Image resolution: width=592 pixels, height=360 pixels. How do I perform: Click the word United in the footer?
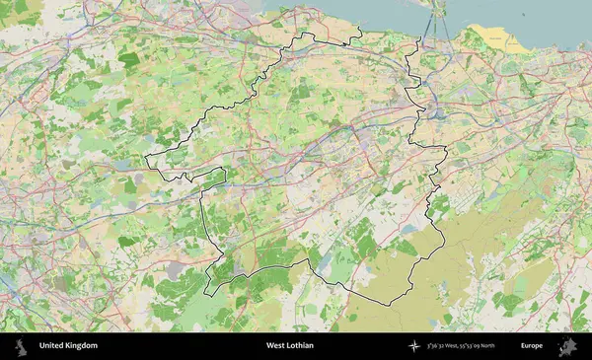tap(52, 346)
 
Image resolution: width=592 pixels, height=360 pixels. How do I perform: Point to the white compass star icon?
tap(414, 346)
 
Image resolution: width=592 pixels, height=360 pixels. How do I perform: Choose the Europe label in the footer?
tap(531, 346)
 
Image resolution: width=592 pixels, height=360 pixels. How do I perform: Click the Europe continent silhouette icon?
tap(566, 346)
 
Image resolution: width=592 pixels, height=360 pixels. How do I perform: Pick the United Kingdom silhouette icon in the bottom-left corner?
tap(20, 346)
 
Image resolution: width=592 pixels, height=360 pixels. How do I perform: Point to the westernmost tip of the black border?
tap(146, 161)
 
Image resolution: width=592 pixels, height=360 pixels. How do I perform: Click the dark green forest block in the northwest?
tap(129, 59)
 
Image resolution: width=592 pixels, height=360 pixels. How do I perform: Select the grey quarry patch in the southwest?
tap(178, 267)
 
